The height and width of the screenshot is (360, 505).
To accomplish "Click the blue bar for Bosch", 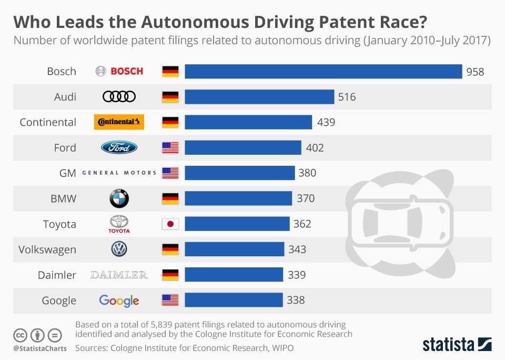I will (323, 72).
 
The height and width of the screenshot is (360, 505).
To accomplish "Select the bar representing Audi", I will (259, 97).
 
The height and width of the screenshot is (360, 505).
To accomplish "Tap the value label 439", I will (326, 123).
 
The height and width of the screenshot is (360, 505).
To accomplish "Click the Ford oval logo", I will (119, 148).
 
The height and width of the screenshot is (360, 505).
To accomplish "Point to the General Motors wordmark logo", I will (119, 173).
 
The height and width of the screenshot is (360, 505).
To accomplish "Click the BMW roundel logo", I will (119, 198).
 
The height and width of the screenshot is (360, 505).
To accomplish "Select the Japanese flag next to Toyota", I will (170, 224).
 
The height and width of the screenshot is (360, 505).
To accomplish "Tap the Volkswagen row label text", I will (47, 249).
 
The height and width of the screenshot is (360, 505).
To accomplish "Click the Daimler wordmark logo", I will (119, 275).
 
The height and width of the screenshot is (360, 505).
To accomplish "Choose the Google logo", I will (119, 301).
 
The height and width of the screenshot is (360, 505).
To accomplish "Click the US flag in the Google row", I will (170, 301).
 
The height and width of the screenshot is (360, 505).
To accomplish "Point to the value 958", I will (475, 72).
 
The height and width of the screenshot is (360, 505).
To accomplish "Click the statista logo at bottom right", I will (457, 345).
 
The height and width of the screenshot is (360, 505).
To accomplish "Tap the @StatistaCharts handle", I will (39, 348).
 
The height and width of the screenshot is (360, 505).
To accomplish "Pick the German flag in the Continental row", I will (170, 123).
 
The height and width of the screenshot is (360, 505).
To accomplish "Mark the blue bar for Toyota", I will (237, 224).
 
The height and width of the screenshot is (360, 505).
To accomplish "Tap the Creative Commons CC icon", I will (20, 335).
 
